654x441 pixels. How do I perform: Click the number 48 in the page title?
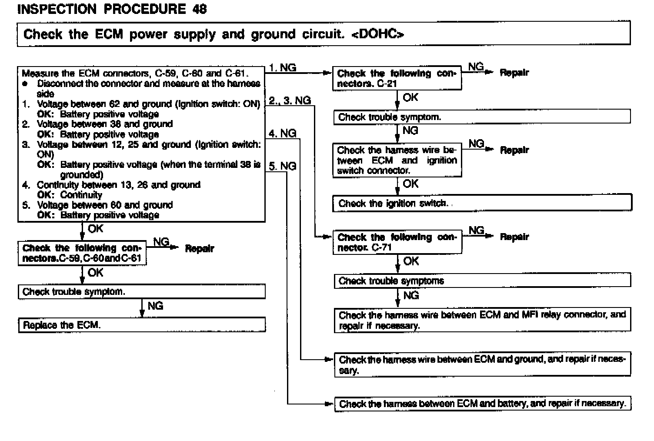[x=199, y=9]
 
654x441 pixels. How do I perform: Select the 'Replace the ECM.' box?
[x=142, y=325]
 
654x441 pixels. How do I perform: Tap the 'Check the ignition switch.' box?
[x=482, y=203]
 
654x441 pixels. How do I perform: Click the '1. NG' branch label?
[x=282, y=68]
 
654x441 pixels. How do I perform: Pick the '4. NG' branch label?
[x=282, y=134]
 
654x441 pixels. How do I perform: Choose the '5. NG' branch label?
[x=282, y=166]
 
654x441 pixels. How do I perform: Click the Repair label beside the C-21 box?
[x=514, y=73]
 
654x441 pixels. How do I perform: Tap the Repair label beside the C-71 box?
[x=514, y=237]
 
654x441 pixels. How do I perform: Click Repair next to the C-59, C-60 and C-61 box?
[x=199, y=249]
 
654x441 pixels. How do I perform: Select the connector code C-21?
[x=387, y=84]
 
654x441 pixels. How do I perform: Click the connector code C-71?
[x=382, y=247]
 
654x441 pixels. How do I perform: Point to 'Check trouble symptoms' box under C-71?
[x=482, y=281]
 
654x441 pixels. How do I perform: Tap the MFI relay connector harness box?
[x=482, y=320]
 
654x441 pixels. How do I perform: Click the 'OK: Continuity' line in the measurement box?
[x=70, y=195]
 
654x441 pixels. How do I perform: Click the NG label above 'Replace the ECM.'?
[x=155, y=306]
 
